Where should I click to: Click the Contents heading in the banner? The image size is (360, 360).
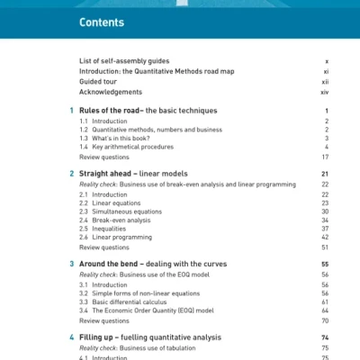101,22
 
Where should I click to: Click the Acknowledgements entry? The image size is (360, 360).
111,92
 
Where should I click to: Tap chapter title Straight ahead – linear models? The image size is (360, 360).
140,174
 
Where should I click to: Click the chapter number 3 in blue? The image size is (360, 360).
72,264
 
